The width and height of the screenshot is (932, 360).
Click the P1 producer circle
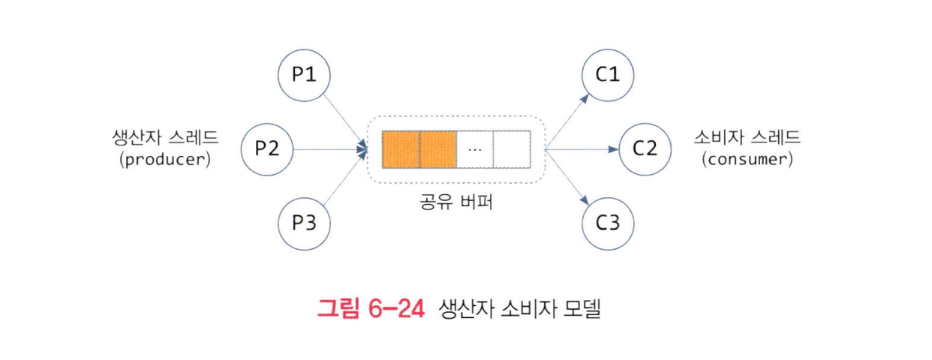pyautogui.click(x=304, y=75)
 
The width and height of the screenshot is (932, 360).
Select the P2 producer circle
pyautogui.click(x=266, y=148)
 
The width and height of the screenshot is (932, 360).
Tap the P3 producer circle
pyautogui.click(x=304, y=223)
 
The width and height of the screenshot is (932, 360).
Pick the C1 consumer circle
pyautogui.click(x=608, y=75)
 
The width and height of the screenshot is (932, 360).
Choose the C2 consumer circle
pyautogui.click(x=645, y=148)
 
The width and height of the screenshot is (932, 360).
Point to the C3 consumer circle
pyautogui.click(x=608, y=223)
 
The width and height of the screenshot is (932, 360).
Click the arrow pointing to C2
pyautogui.click(x=582, y=148)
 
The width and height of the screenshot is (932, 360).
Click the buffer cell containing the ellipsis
pyautogui.click(x=475, y=149)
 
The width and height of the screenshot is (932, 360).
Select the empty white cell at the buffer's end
pyautogui.click(x=512, y=149)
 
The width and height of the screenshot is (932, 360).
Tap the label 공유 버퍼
pyautogui.click(x=455, y=202)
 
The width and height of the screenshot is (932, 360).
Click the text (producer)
pyautogui.click(x=164, y=159)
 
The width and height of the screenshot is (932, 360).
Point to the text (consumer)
pyautogui.click(x=747, y=159)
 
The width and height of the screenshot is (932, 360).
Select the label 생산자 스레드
pyautogui.click(x=164, y=138)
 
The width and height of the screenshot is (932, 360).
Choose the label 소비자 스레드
pyautogui.click(x=747, y=138)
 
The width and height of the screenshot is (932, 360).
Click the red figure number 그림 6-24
pyautogui.click(x=371, y=308)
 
